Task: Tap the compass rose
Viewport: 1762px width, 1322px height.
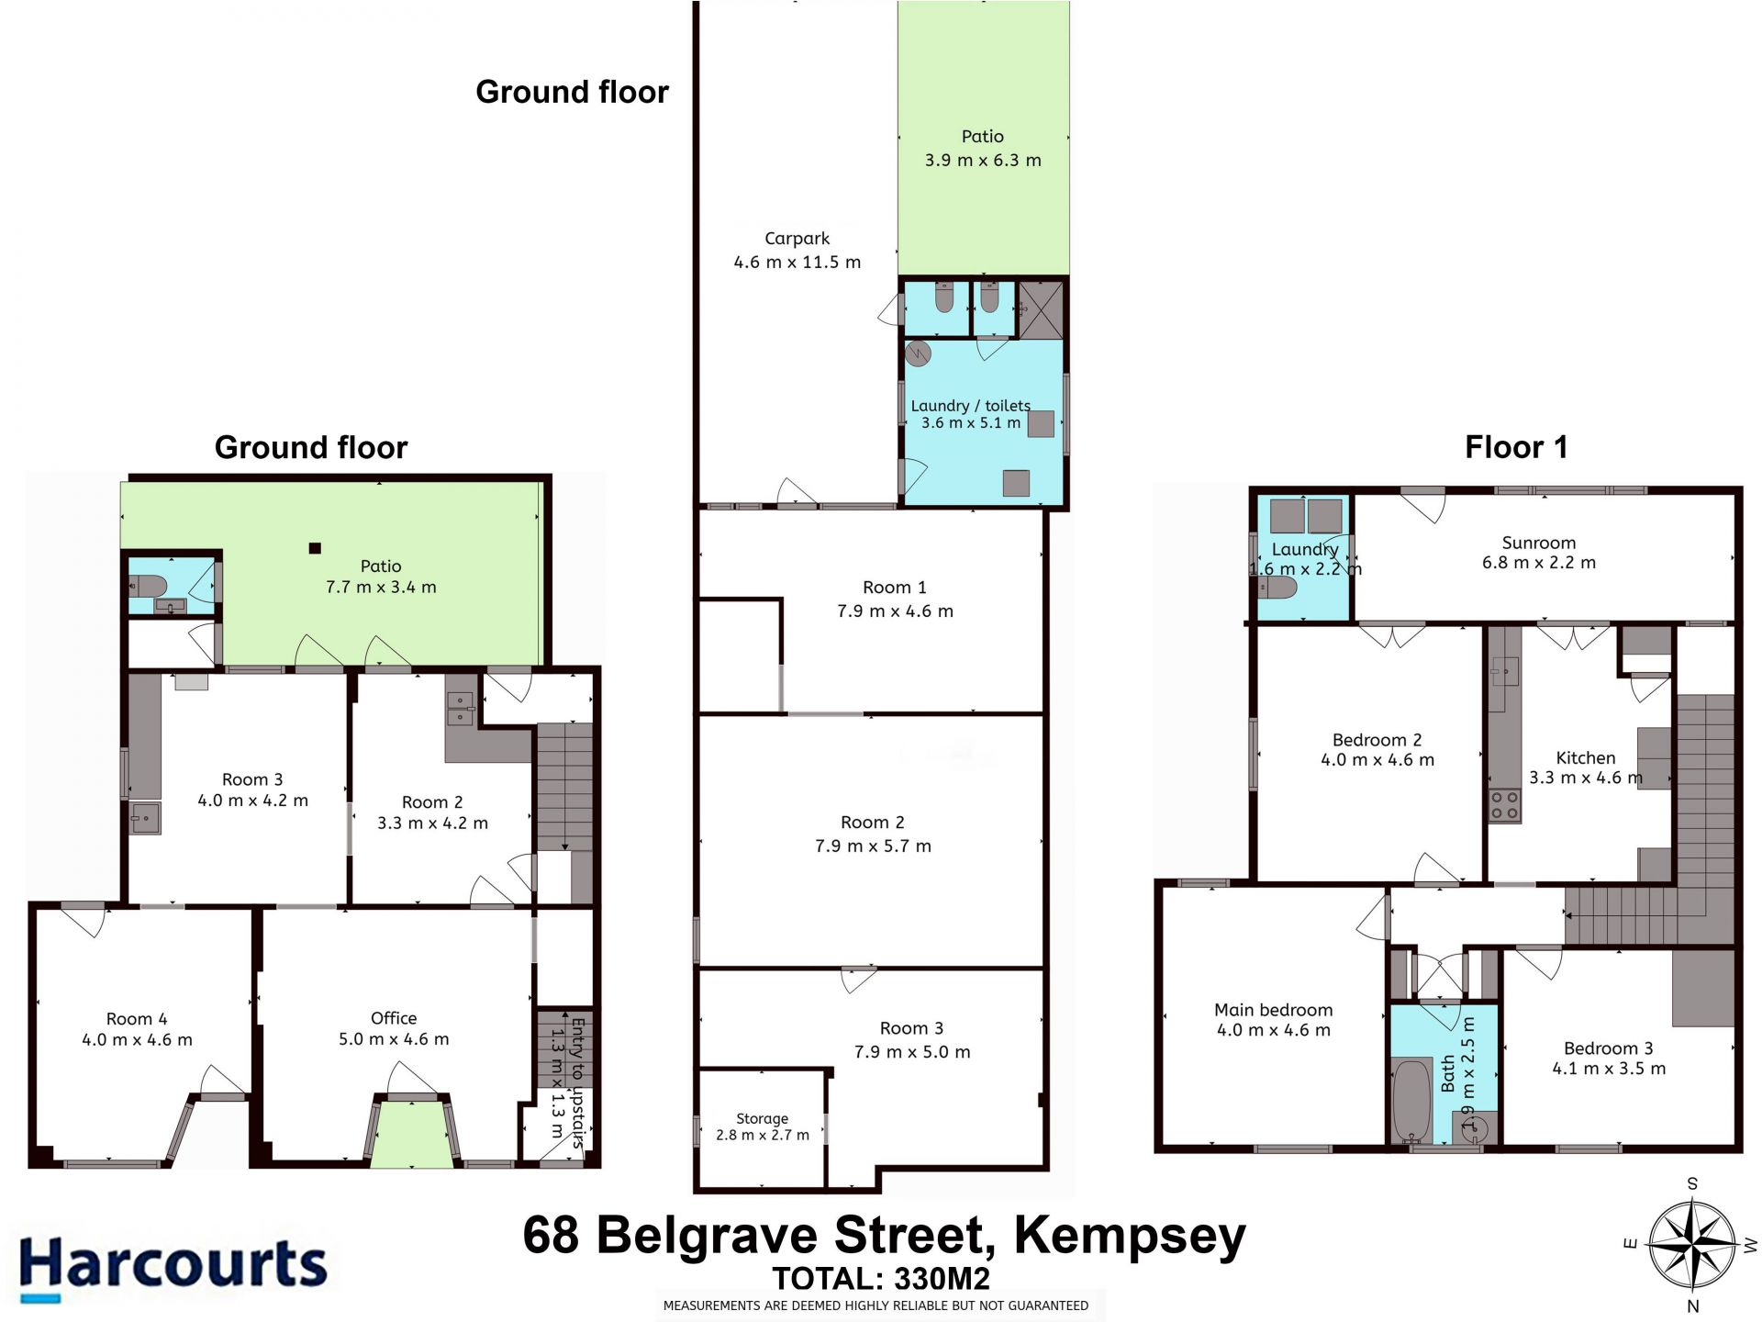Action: (1693, 1245)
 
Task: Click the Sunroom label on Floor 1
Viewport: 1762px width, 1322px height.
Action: (1539, 543)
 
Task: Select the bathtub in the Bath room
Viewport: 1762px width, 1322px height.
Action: (1411, 1101)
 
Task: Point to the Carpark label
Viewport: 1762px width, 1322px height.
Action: (797, 239)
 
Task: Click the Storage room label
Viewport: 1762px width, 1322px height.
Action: (762, 1118)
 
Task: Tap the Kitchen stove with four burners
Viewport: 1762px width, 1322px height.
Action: (1504, 805)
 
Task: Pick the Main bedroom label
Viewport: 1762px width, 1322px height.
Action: (1273, 1010)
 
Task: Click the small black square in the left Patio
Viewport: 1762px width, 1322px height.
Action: (315, 548)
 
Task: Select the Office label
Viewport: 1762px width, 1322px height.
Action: (394, 1018)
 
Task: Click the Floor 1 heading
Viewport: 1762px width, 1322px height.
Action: (1516, 447)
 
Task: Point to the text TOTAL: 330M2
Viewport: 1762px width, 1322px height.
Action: (881, 1279)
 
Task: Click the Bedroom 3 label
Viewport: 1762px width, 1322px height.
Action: (1608, 1048)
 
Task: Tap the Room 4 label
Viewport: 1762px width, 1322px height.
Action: (137, 1019)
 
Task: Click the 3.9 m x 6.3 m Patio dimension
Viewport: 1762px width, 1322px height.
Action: (983, 160)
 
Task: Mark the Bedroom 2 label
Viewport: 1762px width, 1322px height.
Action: (1377, 740)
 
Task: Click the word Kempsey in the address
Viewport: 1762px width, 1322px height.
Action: (1130, 1236)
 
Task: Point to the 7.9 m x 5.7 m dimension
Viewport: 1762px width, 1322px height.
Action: (873, 846)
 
